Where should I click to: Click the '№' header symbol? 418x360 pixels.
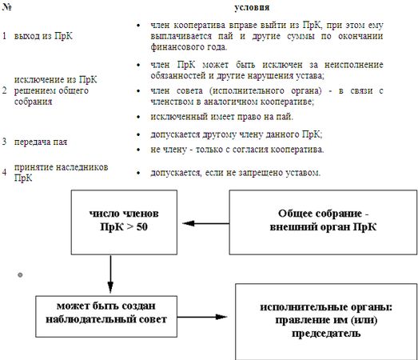click(6, 7)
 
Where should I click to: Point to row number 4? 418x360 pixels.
click(5, 172)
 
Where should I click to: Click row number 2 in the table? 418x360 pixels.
click(5, 90)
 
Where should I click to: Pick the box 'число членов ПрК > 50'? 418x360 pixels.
click(124, 222)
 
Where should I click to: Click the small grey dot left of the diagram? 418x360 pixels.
click(20, 275)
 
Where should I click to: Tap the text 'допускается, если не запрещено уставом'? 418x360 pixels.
click(235, 173)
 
